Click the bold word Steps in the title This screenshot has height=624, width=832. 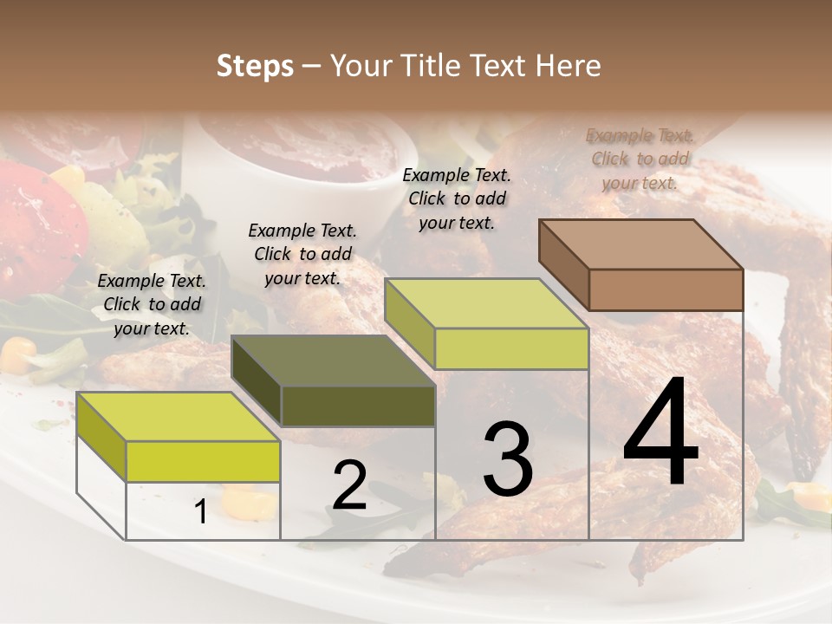[x=255, y=66]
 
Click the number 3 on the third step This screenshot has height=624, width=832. [x=508, y=460]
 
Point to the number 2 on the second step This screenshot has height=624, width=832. [x=349, y=484]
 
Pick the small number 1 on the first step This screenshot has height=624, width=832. [x=200, y=512]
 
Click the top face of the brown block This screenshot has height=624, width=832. [x=640, y=244]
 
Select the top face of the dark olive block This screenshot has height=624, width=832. [x=333, y=361]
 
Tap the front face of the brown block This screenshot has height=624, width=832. [x=666, y=289]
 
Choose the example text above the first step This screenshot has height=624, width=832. [x=152, y=304]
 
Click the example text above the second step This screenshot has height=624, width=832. [x=302, y=254]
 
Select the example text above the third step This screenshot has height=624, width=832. [x=457, y=198]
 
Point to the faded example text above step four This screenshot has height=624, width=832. [x=640, y=159]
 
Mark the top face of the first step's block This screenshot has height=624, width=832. [x=178, y=417]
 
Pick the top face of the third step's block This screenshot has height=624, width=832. [x=486, y=303]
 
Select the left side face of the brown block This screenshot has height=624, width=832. [x=563, y=264]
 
